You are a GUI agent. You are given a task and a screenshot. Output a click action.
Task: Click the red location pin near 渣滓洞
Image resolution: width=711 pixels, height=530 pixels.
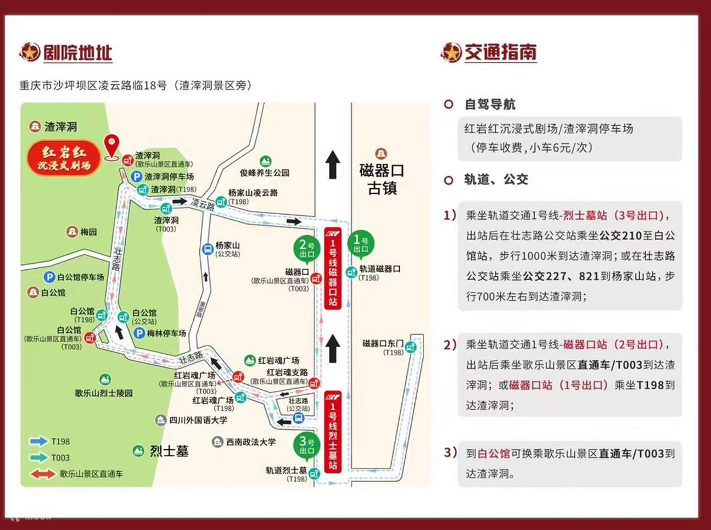coord(112,146)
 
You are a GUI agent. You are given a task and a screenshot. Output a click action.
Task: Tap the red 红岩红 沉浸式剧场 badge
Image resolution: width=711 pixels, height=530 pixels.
coord(64,158)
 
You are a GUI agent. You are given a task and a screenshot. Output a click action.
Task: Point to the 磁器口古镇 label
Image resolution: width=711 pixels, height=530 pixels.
coord(382,178)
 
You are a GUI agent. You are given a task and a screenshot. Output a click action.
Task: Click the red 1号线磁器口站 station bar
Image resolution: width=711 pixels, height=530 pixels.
coord(333,269)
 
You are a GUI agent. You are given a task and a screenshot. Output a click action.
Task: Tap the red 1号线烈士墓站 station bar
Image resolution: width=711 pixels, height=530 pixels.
coord(333,432)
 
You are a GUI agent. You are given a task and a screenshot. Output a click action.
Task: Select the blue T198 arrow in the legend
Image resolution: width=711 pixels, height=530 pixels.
coord(38,441)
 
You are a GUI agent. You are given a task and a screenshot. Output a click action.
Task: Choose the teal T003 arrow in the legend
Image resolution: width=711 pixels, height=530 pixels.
coord(38,458)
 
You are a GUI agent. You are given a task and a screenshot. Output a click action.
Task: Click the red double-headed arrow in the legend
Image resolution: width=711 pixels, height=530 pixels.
coord(43,474)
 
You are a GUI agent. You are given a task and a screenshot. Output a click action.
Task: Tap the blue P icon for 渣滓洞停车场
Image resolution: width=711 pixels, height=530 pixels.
coord(136,176)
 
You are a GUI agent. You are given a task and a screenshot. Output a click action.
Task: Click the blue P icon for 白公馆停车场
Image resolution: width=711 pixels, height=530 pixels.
coord(49,277)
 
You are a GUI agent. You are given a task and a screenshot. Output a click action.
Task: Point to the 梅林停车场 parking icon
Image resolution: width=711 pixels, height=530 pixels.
coord(139,333)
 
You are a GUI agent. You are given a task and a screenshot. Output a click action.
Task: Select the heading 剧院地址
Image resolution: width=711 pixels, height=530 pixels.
coord(77,53)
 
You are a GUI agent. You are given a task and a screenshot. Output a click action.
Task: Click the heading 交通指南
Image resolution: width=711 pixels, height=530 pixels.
coord(500,53)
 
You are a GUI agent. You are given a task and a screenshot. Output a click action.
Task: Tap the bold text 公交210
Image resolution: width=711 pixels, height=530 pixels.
coord(620,236)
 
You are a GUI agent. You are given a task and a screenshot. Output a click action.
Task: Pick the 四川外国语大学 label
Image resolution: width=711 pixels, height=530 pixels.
coord(198,420)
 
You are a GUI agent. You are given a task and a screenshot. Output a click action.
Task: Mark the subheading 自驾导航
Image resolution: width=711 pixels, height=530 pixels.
coord(490,104)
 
